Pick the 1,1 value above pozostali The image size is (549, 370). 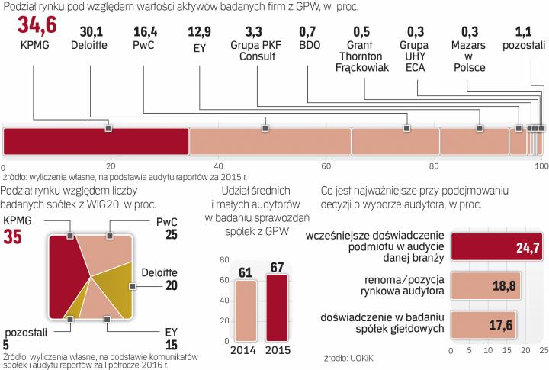click(x=527, y=33)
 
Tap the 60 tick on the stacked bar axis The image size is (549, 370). click(x=326, y=166)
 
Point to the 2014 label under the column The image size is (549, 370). click(x=244, y=351)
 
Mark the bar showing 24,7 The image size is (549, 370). click(x=496, y=246)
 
